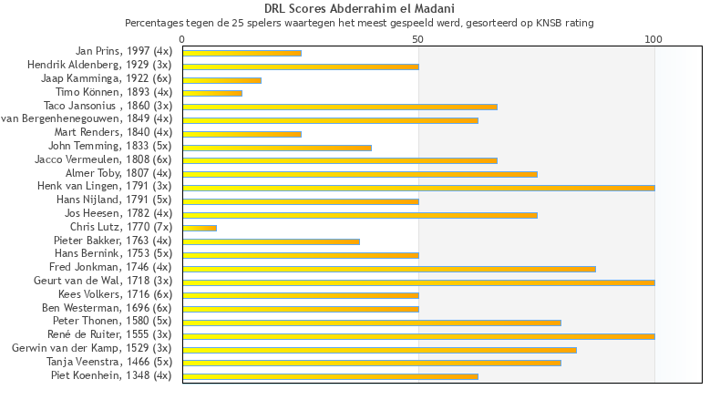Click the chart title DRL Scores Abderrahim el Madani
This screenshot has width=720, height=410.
[x=359, y=8]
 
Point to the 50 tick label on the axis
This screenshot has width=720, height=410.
[x=418, y=39]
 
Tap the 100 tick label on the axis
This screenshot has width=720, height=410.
[x=653, y=39]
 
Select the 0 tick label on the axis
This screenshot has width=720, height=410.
[x=182, y=39]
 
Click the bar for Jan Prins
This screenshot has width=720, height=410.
[x=242, y=53]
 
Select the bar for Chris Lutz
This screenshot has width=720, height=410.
[x=200, y=228]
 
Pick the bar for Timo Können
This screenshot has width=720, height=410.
[x=212, y=93]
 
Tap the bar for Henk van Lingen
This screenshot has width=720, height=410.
[x=418, y=188]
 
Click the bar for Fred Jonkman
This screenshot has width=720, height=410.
[x=389, y=269]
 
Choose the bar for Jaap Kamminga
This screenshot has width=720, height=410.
[x=221, y=80]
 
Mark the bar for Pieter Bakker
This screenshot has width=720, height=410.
[x=271, y=241]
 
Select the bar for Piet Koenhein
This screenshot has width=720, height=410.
[x=330, y=375]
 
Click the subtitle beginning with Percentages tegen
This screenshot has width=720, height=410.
[x=359, y=22]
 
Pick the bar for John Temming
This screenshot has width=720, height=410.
[x=277, y=147]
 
